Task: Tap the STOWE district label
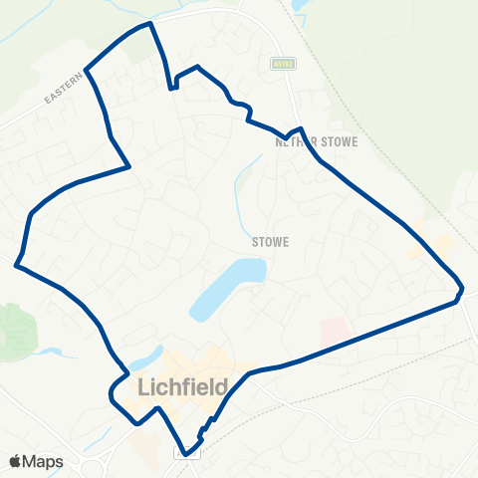pos(270,240)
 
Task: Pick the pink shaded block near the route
pos(335,332)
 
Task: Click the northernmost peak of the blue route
pos(149,22)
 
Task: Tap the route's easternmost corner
pos(462,290)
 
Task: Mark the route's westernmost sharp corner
pos(16,265)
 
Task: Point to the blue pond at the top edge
pos(299,5)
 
